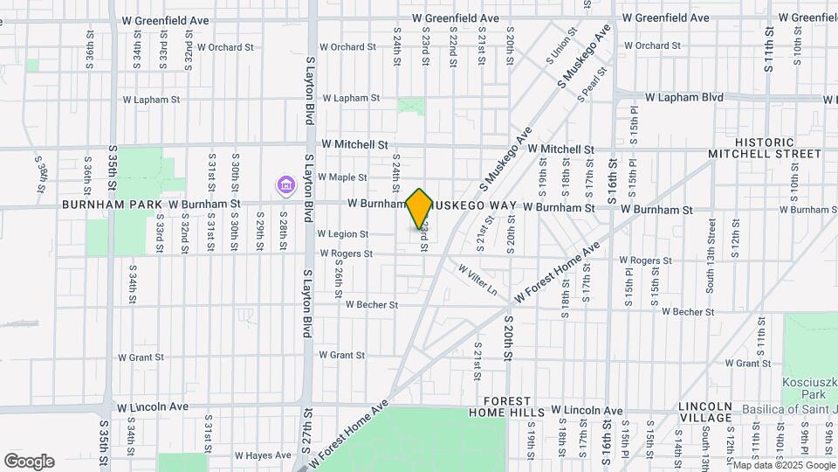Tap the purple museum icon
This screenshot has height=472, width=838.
pyautogui.click(x=285, y=185)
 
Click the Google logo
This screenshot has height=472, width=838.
pyautogui.click(x=29, y=461)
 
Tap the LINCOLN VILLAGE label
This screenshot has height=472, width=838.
pyautogui.click(x=705, y=413)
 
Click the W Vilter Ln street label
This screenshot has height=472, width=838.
pyautogui.click(x=477, y=279)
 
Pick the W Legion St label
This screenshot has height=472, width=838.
pyautogui.click(x=343, y=234)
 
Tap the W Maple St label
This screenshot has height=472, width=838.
pyautogui.click(x=342, y=177)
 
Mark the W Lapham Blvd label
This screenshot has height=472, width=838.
pyautogui.click(x=683, y=98)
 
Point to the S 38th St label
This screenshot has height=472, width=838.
pyautogui.click(x=42, y=173)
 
